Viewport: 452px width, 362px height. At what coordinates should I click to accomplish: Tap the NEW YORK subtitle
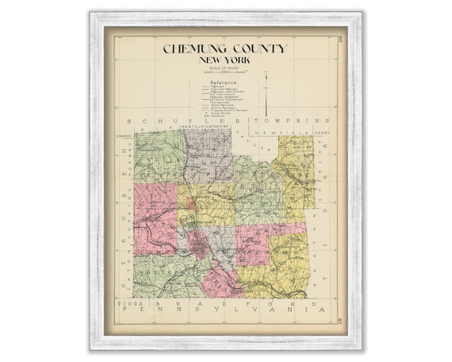coord(224,60)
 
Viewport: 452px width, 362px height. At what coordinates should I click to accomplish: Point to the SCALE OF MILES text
coord(224,69)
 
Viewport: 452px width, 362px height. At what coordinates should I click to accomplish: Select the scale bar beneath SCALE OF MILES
coord(224,75)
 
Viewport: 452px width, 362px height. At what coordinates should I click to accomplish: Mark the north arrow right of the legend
coord(266,87)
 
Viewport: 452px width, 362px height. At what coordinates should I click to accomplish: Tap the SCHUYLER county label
coord(185,121)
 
